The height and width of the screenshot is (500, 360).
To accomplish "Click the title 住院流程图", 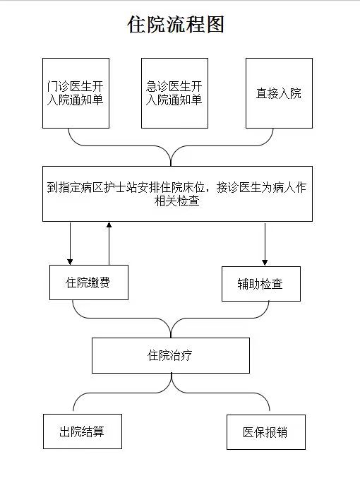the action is pyautogui.click(x=176, y=24).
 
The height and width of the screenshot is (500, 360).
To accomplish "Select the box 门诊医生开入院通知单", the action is pyautogui.click(x=76, y=93).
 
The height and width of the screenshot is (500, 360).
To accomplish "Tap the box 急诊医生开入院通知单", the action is pyautogui.click(x=175, y=93).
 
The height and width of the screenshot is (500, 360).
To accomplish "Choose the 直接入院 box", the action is pyautogui.click(x=279, y=93).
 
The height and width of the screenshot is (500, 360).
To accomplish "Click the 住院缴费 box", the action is pyautogui.click(x=89, y=282).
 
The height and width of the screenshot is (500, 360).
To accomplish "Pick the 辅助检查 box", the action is pyautogui.click(x=261, y=284).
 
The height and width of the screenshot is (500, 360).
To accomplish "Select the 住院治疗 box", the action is pyautogui.click(x=171, y=355).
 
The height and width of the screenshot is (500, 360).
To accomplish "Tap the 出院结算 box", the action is pyautogui.click(x=83, y=431).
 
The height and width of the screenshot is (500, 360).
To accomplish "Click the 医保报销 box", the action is pyautogui.click(x=266, y=432).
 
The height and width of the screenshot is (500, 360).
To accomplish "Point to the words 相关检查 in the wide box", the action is pyautogui.click(x=177, y=201).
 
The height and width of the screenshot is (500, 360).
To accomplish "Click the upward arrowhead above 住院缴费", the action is pyautogui.click(x=109, y=225).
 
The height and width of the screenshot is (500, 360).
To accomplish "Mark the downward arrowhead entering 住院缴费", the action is pyautogui.click(x=70, y=262).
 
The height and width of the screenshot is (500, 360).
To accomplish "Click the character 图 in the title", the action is pyautogui.click(x=215, y=24).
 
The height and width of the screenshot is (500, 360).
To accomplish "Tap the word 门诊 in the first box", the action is pyautogui.click(x=59, y=86).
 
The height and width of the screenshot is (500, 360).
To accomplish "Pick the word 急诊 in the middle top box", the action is pyautogui.click(x=157, y=86).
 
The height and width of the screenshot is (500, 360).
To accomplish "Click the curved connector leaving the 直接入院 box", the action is pyautogui.click(x=223, y=146).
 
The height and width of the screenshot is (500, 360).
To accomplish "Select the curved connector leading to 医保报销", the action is pyautogui.click(x=223, y=393).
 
